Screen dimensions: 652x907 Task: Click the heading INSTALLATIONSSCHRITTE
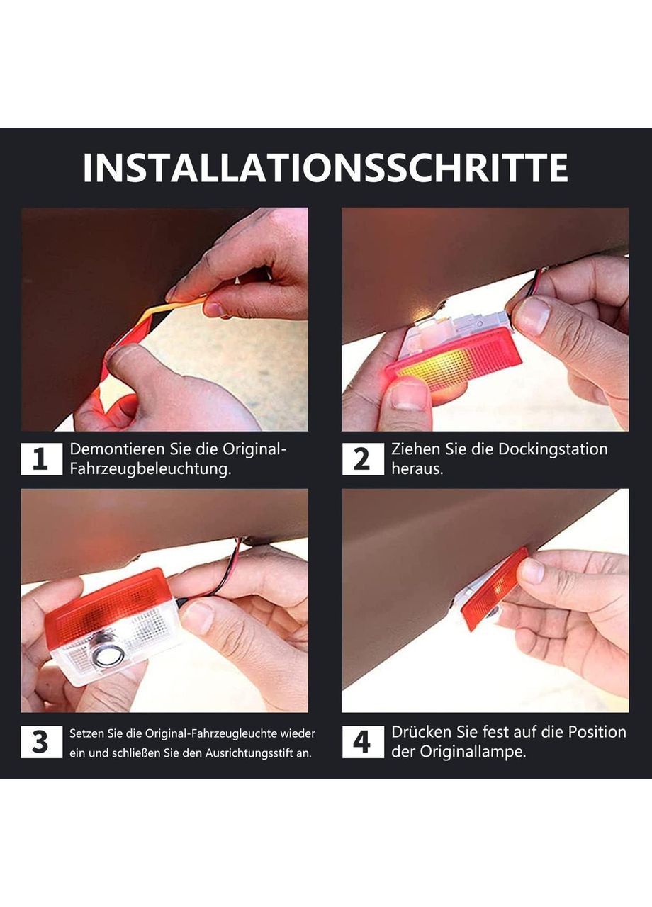point(325,168)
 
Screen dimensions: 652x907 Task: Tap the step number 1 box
point(41,458)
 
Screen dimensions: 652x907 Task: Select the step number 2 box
point(362,458)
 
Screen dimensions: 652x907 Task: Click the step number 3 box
point(41,741)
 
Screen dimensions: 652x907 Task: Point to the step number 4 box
point(362,741)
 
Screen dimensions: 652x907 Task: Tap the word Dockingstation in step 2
point(552,449)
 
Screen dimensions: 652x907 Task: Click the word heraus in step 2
point(417,469)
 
